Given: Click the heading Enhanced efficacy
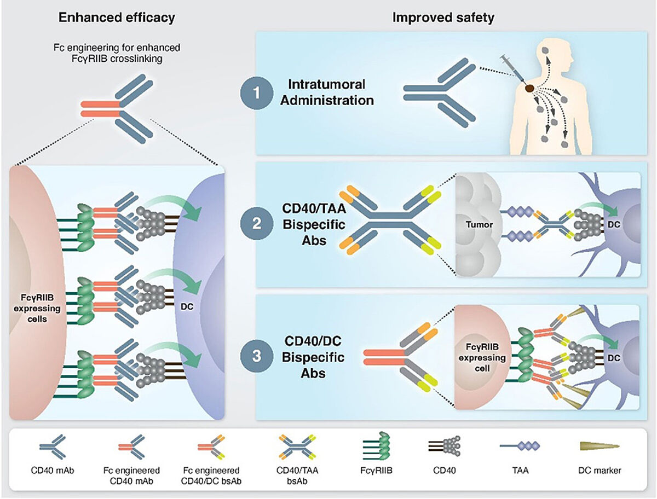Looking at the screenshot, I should (x=117, y=18).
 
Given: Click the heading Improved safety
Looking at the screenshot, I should (x=443, y=18).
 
